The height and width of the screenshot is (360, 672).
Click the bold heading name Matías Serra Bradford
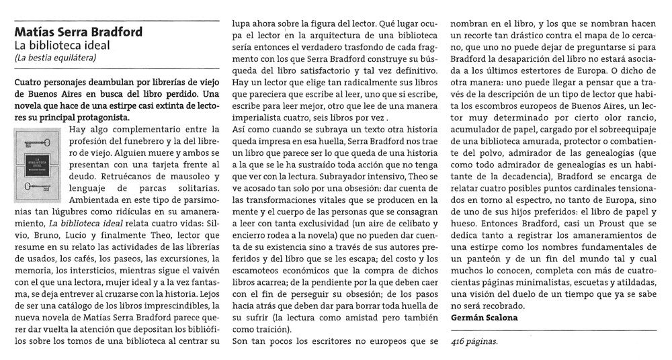[x=78, y=32]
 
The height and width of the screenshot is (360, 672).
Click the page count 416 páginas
[x=475, y=342]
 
